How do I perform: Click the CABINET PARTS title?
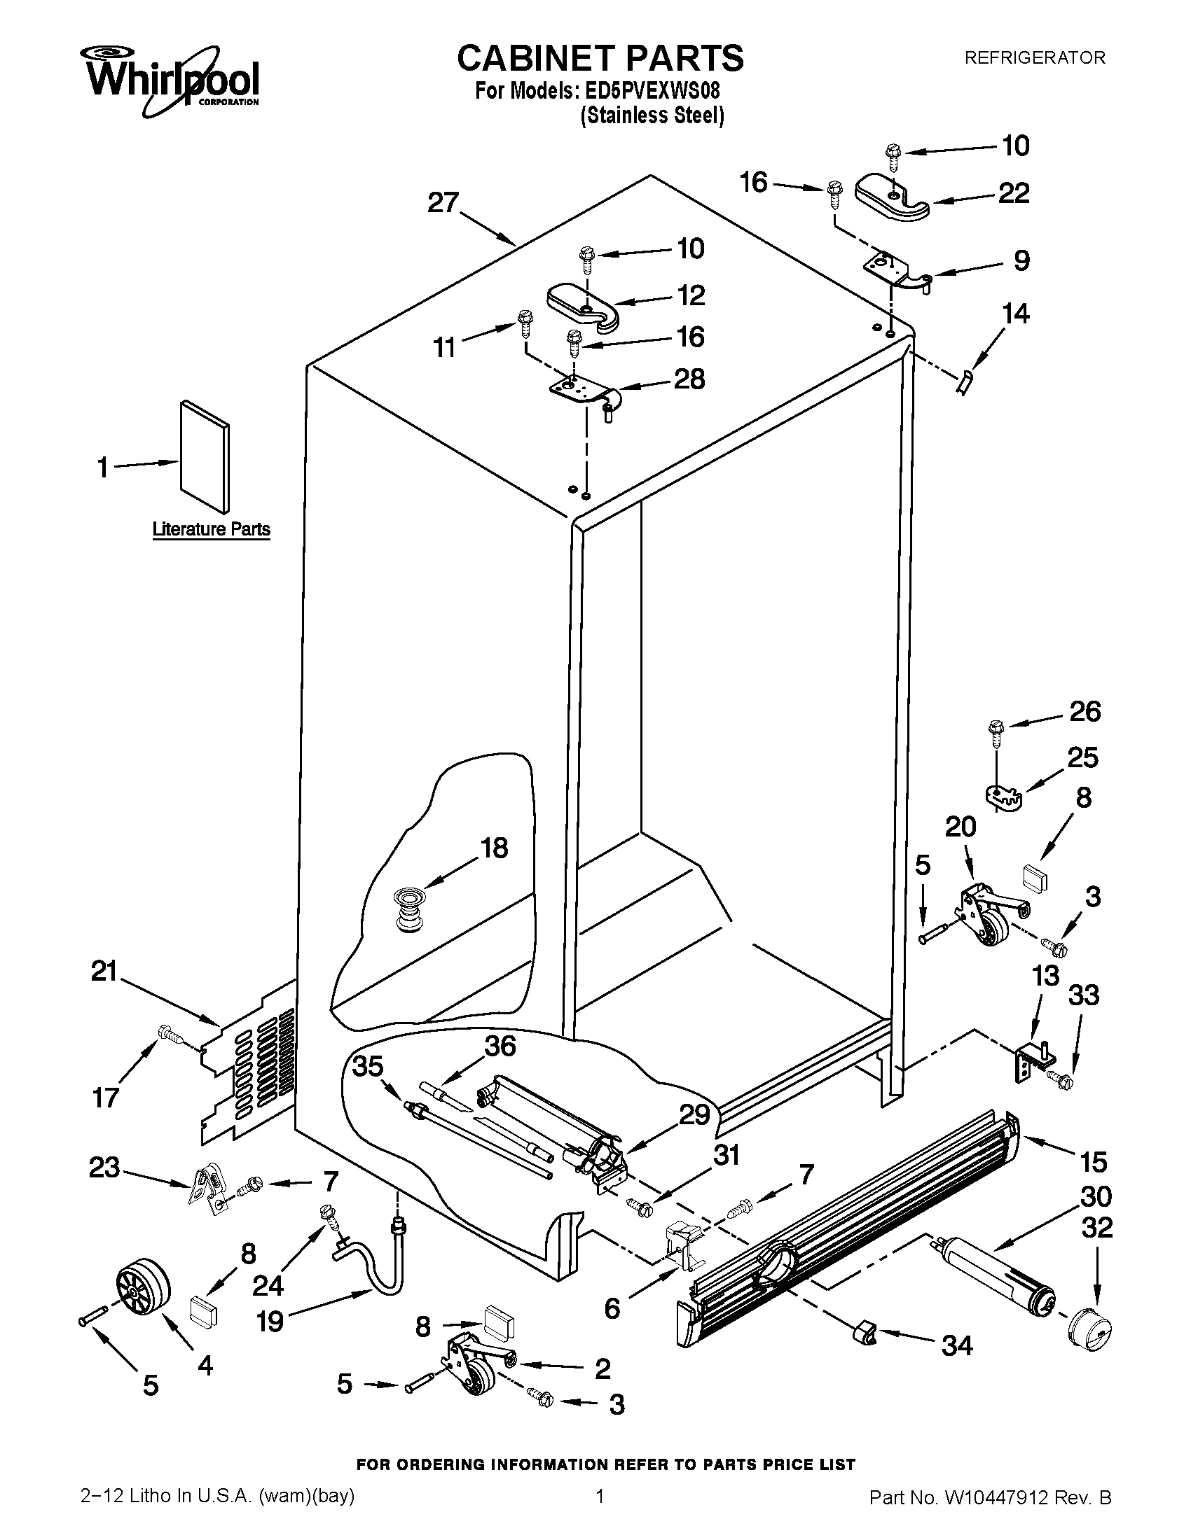(600, 58)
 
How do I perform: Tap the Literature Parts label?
(211, 528)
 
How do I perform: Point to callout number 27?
(443, 203)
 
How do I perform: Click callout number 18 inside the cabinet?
(494, 848)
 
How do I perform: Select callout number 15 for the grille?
(1093, 1161)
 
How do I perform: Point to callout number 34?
(957, 1346)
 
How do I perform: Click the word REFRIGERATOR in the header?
(1034, 58)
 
